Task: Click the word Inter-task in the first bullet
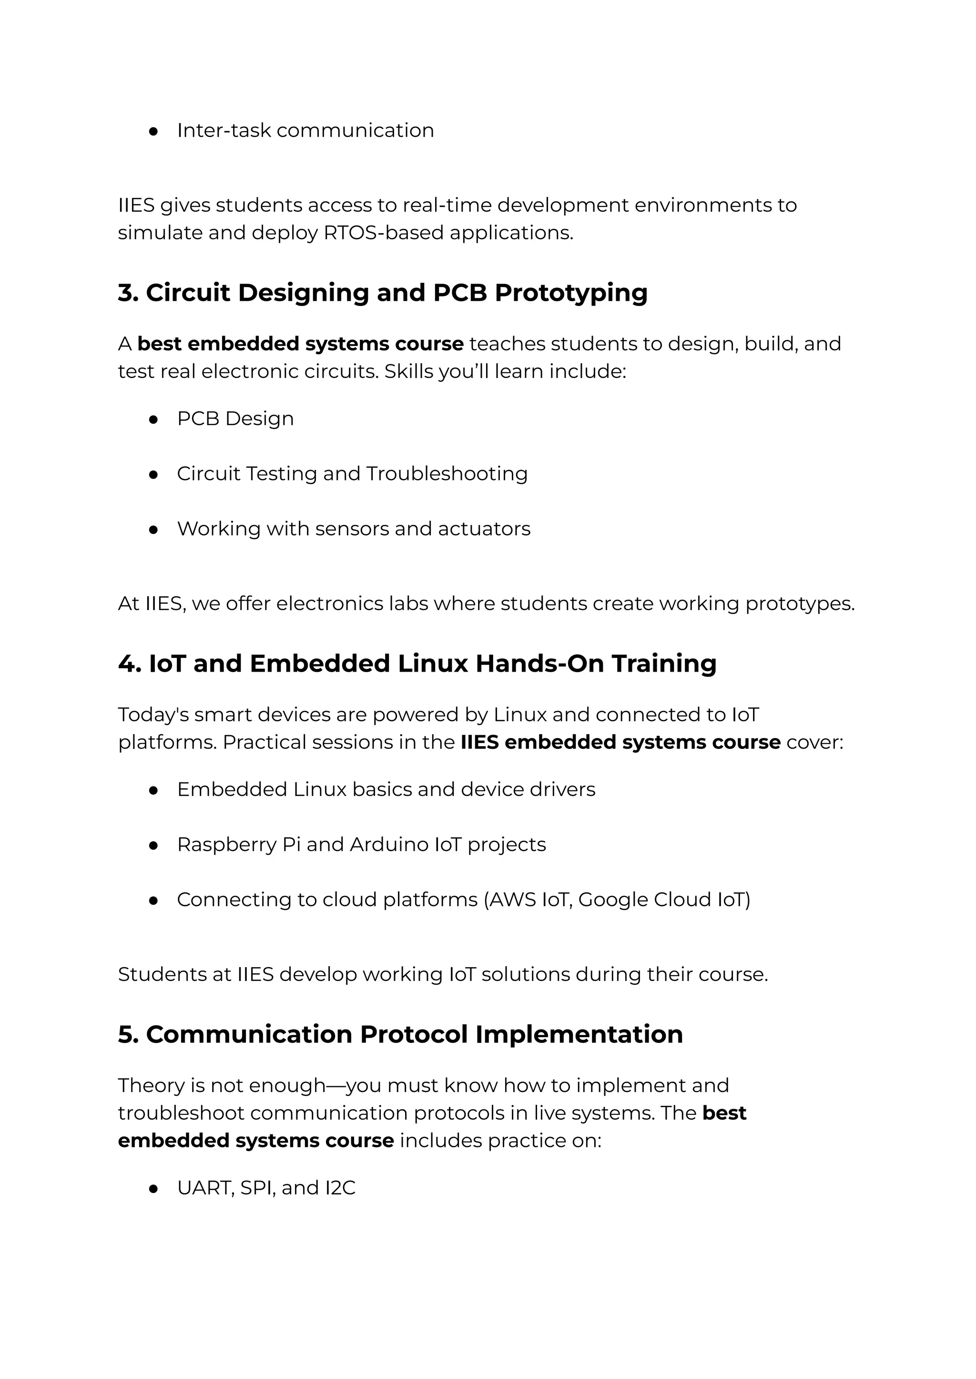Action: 224,131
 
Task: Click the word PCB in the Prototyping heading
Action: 460,293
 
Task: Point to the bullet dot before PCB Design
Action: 153,419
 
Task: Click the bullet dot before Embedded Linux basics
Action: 153,790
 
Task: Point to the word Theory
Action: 150,1086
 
